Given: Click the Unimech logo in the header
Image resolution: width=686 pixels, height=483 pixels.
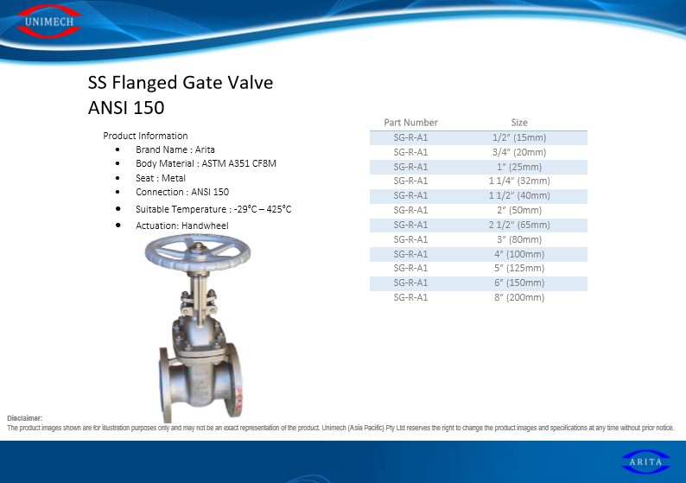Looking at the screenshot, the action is pos(48,22).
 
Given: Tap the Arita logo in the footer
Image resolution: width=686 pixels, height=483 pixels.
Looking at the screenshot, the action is pos(645,462).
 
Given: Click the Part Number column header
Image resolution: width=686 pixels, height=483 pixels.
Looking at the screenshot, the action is pos(410,123).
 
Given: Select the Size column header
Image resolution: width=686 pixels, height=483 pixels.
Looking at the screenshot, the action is pos(519,123).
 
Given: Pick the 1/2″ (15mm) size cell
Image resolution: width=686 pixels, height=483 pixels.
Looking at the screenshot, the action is pos(519,137).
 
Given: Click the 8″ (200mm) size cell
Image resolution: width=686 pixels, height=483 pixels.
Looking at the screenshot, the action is pos(519,297).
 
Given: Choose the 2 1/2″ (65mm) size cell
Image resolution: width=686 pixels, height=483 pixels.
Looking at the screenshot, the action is pos(519,225).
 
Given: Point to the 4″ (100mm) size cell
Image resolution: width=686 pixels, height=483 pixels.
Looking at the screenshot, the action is pos(519,254).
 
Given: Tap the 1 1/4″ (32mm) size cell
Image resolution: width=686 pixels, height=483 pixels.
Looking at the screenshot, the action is pos(519,181).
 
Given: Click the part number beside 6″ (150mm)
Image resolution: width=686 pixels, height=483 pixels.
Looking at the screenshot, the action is pos(410,283).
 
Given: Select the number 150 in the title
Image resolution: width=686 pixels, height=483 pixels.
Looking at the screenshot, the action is pos(149,108).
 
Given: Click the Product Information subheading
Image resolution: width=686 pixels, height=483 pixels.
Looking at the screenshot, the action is pos(145,136).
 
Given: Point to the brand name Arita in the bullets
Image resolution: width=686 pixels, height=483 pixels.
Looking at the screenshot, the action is pos(205,149).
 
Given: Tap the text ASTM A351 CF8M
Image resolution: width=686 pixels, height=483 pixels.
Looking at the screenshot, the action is pos(238,163).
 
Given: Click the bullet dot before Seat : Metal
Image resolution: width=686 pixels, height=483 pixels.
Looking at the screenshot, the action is pos(118,178).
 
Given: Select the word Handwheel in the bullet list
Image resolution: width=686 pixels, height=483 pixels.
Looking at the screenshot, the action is pos(205,226).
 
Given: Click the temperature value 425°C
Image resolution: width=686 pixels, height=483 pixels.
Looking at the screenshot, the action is pos(279,209).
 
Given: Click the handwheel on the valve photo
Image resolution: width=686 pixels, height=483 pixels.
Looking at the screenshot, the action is pos(198,252).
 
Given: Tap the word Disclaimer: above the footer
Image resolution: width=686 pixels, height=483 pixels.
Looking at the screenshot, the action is pos(25,418).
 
